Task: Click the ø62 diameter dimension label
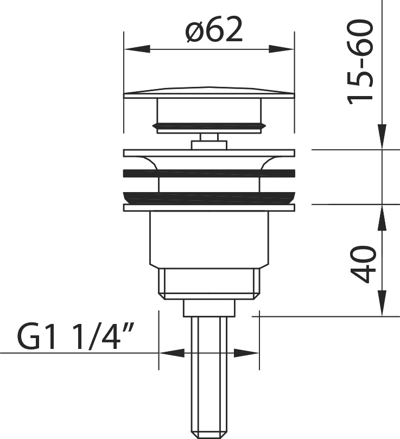click(214, 29)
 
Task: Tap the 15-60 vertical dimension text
click(360, 62)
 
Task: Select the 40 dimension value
click(363, 265)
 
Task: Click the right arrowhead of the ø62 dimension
click(282, 49)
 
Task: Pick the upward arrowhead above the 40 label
click(382, 218)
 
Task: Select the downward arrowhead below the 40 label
click(382, 303)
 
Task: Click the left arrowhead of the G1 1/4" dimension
click(172, 353)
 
